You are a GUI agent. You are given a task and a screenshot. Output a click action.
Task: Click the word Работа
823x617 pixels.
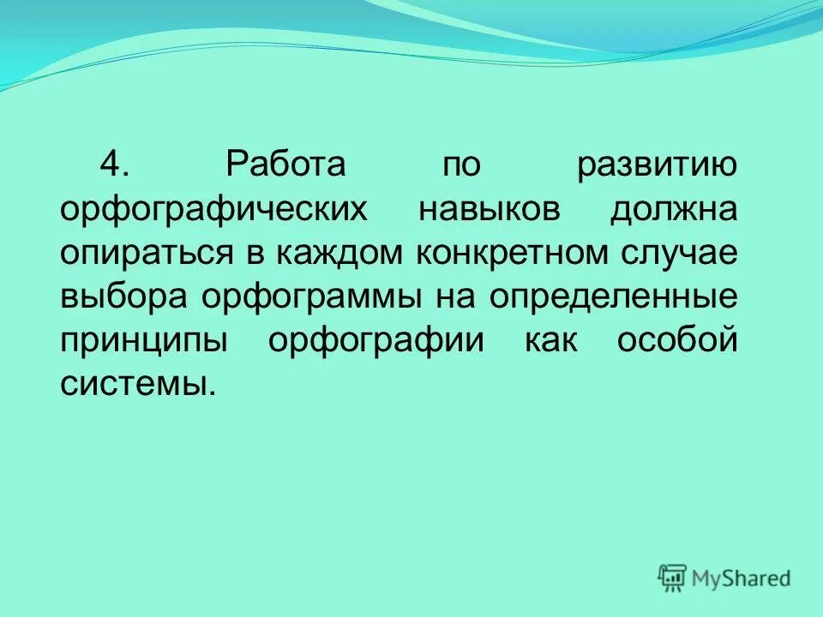(x=284, y=164)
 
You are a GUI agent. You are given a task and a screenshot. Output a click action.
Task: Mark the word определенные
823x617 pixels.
(x=614, y=298)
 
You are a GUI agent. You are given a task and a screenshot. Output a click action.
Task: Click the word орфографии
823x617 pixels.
(x=376, y=342)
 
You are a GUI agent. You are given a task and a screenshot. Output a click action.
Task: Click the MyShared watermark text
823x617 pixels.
(x=741, y=578)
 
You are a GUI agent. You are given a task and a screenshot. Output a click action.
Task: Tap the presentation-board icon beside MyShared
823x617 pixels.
(x=673, y=578)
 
